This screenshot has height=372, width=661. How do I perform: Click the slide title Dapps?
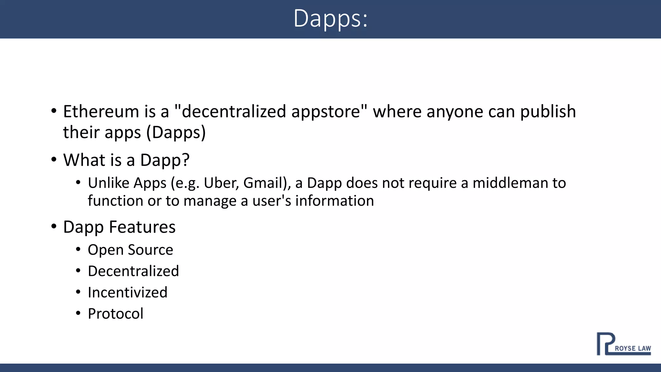(x=330, y=19)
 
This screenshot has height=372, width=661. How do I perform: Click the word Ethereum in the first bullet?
(x=101, y=112)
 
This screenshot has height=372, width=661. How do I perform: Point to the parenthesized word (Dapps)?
(x=176, y=133)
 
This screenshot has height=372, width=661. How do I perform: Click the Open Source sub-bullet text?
(x=130, y=250)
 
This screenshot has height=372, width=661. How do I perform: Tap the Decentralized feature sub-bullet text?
(x=133, y=271)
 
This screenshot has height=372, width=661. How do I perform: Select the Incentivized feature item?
(x=127, y=293)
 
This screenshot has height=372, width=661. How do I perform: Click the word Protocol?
(x=116, y=314)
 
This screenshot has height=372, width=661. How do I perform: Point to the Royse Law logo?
(x=623, y=344)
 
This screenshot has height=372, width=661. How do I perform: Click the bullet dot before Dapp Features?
(x=54, y=226)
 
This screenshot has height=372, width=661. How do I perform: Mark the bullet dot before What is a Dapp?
(x=54, y=159)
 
